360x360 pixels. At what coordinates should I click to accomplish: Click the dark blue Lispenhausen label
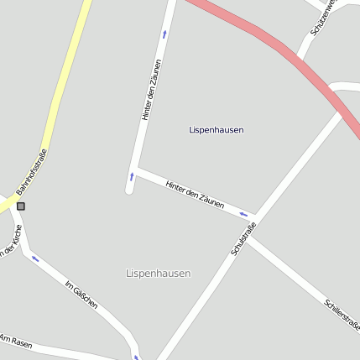tap(217, 130)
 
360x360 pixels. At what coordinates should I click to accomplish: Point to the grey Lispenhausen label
tap(158, 274)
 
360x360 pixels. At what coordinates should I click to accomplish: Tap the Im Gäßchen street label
tap(81, 295)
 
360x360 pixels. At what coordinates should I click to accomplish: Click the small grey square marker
tap(21, 206)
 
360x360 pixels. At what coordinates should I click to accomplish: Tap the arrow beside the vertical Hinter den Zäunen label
tap(164, 34)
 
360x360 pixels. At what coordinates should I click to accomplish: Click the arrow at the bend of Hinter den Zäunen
tap(131, 177)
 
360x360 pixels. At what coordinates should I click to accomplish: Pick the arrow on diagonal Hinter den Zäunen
tap(243, 215)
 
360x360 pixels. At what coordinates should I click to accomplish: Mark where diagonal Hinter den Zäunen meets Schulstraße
tap(253, 217)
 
